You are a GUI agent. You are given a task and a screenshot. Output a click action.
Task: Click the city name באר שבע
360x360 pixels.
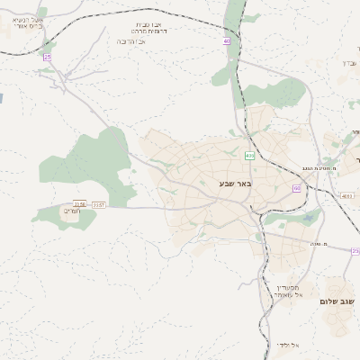click(235, 184)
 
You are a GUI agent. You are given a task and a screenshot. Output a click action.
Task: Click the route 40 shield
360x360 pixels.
click(227, 40)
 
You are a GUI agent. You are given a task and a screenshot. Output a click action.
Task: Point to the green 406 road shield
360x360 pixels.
click(249, 156)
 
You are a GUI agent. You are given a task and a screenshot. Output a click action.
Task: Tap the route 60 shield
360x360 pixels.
click(295, 188)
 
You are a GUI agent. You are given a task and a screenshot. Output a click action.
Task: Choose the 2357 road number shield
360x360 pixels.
click(99, 204)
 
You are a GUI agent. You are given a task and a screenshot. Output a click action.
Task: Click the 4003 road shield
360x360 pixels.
click(347, 194)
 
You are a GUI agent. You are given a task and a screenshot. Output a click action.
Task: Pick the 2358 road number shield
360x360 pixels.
click(80, 204)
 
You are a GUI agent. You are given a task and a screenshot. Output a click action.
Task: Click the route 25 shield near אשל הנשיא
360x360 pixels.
click(48, 57)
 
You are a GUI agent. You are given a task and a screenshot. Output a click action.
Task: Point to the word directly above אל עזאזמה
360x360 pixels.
click(288, 287)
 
